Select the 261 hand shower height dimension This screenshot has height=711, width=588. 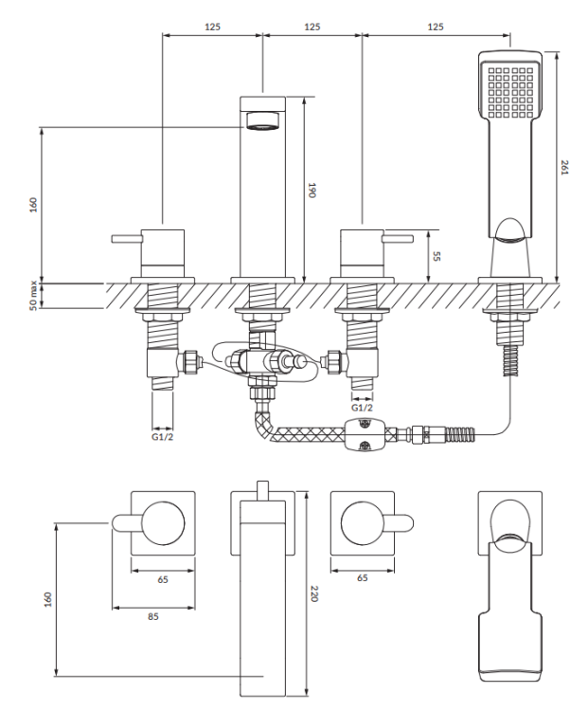[566, 170]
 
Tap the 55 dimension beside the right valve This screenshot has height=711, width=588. [436, 255]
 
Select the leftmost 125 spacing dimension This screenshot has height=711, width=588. [212, 27]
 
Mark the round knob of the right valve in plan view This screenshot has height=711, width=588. [362, 522]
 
